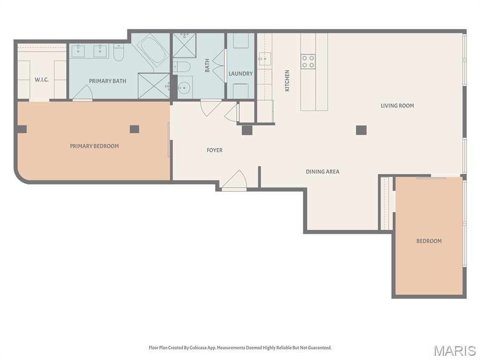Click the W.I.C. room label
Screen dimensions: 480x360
(x=41, y=80)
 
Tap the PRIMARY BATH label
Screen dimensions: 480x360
(x=107, y=81)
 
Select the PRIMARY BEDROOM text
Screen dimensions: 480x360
(x=94, y=146)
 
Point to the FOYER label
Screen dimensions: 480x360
(x=214, y=150)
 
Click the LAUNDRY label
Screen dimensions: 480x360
(x=240, y=74)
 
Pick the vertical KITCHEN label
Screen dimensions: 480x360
(x=287, y=81)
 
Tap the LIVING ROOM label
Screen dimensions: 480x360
(x=397, y=105)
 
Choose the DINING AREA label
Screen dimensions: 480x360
(x=322, y=172)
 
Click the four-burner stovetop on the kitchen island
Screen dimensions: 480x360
(x=308, y=61)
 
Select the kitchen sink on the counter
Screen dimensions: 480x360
(x=264, y=59)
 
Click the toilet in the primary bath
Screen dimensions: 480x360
(x=119, y=52)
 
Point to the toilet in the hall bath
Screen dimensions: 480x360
(x=181, y=67)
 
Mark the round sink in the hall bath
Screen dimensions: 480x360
(x=184, y=88)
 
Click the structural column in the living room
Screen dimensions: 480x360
(x=361, y=130)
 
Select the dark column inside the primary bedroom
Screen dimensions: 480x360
(x=135, y=129)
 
